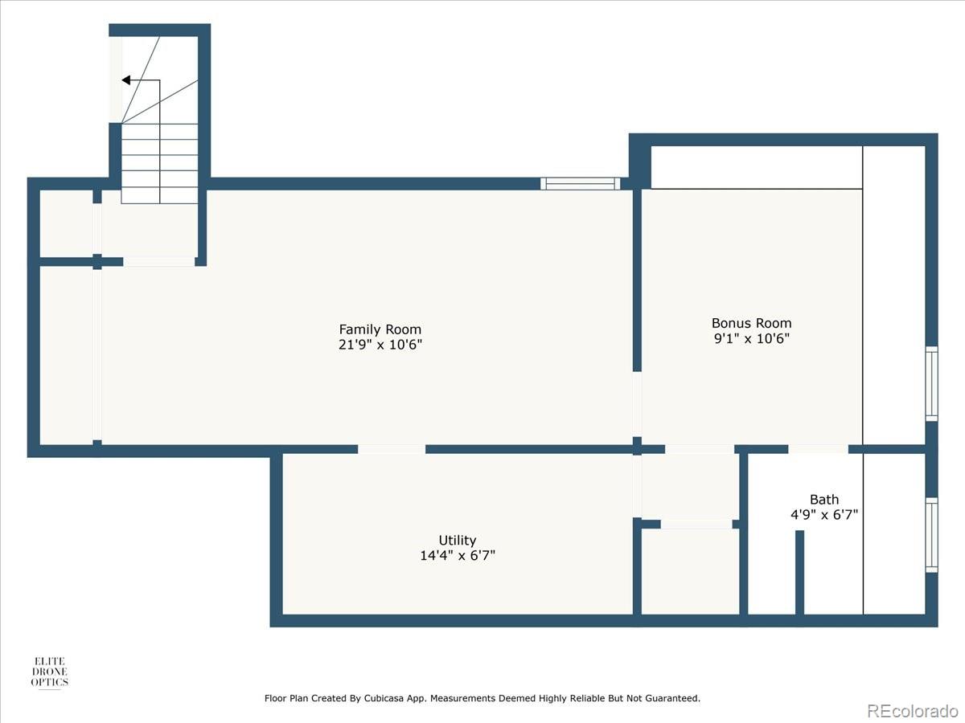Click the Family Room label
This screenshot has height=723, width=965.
(380, 329)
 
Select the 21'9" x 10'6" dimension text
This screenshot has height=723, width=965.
(380, 345)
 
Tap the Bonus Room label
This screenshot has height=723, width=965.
(751, 323)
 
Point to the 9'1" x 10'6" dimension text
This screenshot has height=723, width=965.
(751, 338)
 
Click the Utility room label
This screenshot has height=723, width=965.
(457, 540)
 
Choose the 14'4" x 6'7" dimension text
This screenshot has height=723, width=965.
(457, 555)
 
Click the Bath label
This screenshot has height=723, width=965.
(824, 499)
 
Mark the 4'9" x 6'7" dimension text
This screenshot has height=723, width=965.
(824, 514)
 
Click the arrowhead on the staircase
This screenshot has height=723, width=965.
(126, 80)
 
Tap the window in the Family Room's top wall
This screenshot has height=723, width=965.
(580, 184)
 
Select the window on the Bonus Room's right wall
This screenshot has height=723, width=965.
(931, 383)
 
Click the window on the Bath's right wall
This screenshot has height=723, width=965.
(931, 534)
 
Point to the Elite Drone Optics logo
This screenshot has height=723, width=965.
(50, 672)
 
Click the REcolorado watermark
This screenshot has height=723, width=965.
(912, 710)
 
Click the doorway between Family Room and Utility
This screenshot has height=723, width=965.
(392, 449)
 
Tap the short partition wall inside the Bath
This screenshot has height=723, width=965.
(799, 572)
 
